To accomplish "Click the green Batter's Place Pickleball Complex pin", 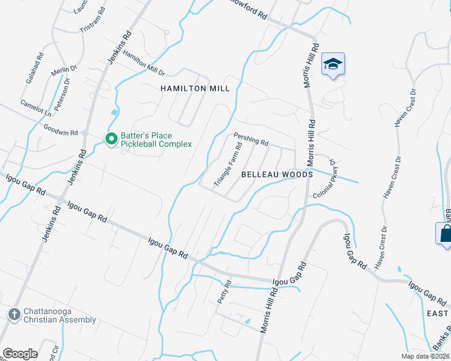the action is [x=112, y=139].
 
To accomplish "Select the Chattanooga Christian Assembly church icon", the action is [x=15, y=313].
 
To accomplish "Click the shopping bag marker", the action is [x=445, y=233].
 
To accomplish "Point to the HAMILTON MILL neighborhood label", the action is [x=195, y=88].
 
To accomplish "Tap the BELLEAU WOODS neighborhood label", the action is [x=277, y=174].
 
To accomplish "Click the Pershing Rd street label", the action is [x=251, y=140].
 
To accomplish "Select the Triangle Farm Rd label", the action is [x=228, y=164].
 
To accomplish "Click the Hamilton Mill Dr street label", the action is [x=143, y=63].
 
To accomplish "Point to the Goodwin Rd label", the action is [x=61, y=129].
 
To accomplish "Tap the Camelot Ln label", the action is [x=36, y=108].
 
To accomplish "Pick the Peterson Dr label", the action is [x=62, y=94].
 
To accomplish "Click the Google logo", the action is [x=20, y=353].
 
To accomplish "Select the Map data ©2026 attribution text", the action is [x=424, y=356].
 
